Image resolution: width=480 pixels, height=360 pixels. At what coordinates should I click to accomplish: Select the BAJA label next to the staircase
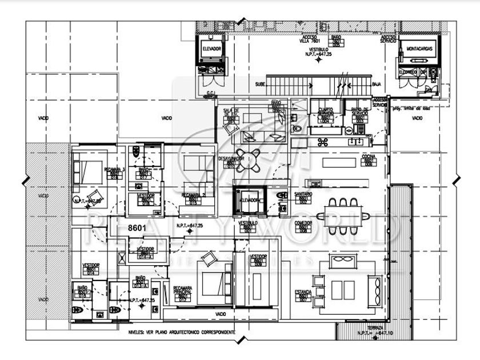[x=377, y=83]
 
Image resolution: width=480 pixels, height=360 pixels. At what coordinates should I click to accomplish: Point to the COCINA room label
[x=368, y=159]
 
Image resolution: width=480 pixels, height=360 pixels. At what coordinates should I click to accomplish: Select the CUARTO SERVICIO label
[x=325, y=111]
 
